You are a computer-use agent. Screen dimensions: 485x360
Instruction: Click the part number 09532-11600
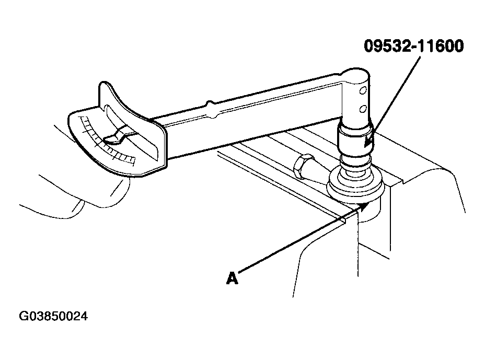[x=413, y=46]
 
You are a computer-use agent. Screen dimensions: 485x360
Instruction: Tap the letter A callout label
[x=232, y=278]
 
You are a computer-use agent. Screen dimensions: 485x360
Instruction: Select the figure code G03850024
[x=53, y=317]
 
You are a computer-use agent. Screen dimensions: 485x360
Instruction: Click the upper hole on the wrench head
[x=363, y=90]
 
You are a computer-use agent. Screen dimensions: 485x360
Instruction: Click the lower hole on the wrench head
[x=363, y=109]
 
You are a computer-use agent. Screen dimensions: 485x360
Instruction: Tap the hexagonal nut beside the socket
[x=303, y=166]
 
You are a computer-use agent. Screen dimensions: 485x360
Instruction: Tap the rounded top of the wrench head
[x=356, y=73]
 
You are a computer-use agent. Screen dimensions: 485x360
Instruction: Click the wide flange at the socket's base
[x=356, y=185]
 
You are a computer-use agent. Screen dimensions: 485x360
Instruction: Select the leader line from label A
[x=300, y=240]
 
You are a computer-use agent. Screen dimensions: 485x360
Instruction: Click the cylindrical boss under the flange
[x=369, y=211]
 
